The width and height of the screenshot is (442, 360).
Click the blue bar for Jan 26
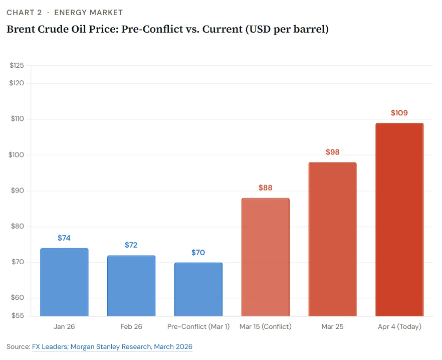pos(64,282)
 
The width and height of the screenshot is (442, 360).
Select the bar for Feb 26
pos(131,286)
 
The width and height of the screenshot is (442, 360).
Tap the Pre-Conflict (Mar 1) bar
pos(198,289)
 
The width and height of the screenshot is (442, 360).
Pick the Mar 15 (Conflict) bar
pos(265,257)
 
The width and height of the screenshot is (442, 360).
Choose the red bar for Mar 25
pos(332,239)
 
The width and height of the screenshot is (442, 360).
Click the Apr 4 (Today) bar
pos(399,220)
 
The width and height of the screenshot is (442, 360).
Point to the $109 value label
pos(399,113)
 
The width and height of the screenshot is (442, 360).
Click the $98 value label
pos(332,152)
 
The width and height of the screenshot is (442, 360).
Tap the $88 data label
pos(265,188)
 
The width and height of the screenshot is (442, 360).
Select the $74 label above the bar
pos(64,238)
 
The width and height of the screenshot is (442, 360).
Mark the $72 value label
pos(131,245)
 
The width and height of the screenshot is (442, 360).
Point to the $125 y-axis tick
pos(18,65)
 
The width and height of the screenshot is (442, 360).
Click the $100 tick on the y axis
pos(18,155)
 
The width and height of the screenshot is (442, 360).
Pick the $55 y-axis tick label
pos(18,316)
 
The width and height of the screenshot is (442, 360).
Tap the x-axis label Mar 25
pos(332,326)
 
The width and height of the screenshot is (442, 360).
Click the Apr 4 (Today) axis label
pos(399,326)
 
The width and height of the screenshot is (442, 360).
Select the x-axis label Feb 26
pos(131,326)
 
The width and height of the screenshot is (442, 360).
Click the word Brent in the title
pos(20,29)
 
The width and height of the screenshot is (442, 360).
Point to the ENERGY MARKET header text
pos(88,13)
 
